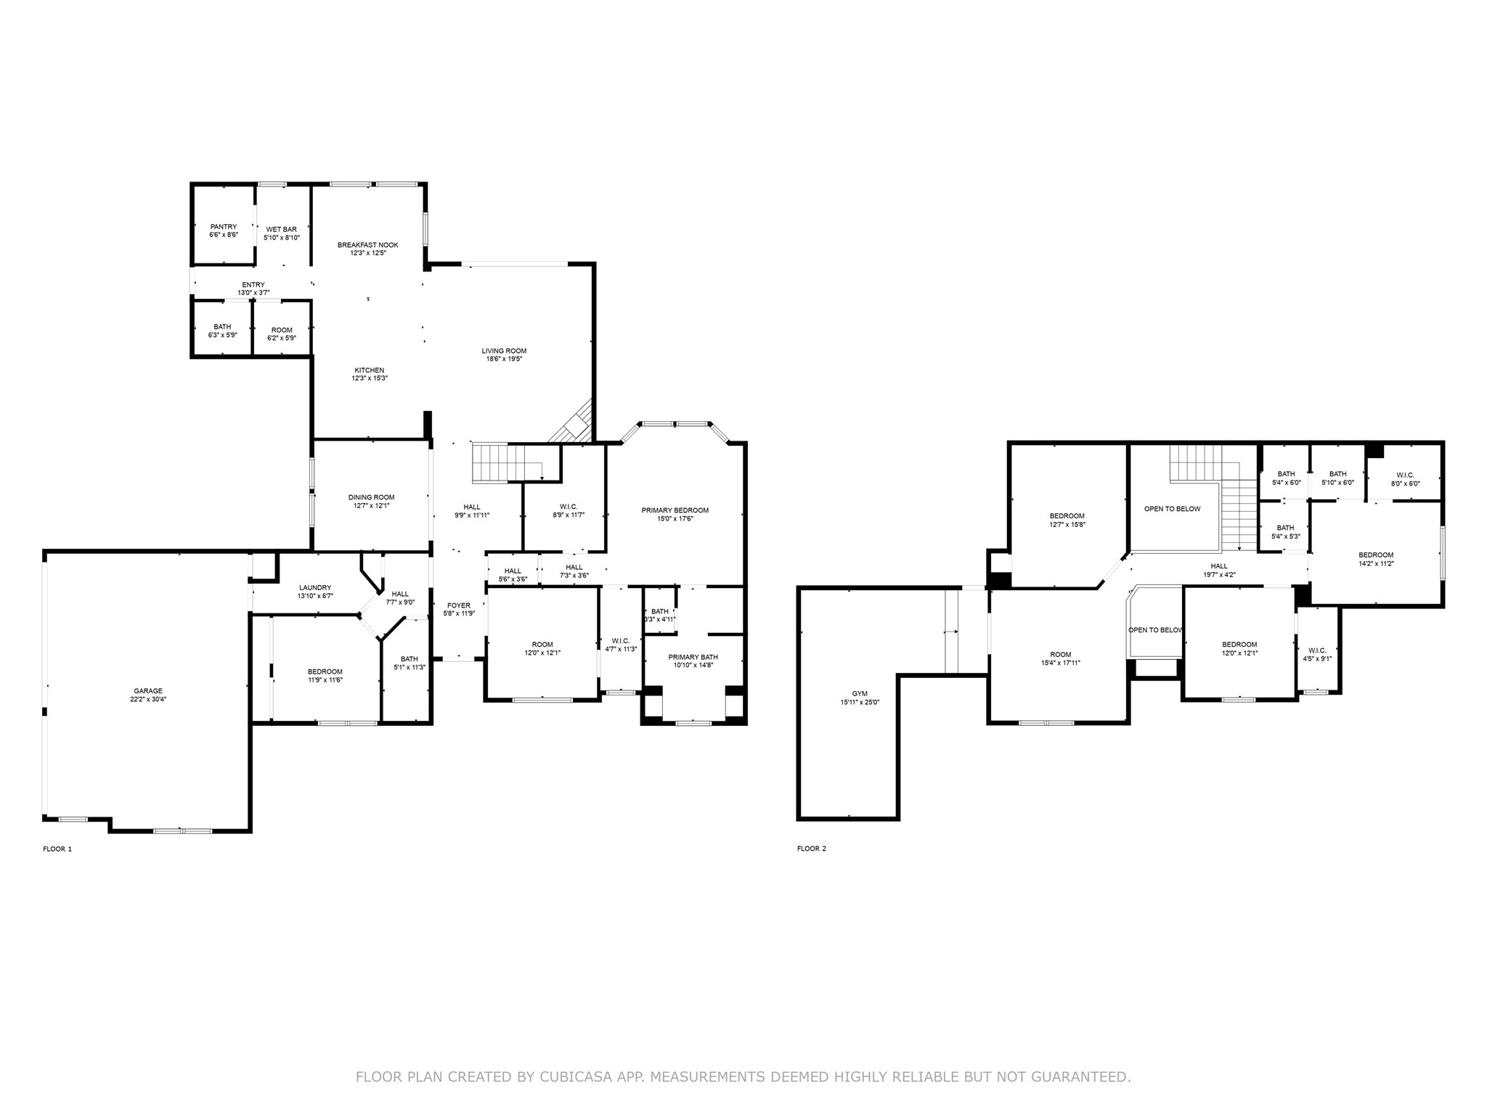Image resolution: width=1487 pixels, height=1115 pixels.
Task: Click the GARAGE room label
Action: [148, 691]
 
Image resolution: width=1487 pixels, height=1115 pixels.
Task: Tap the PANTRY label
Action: [224, 226]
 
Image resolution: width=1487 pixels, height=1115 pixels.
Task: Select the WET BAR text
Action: [281, 229]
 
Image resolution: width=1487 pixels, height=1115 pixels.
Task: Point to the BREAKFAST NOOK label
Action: [368, 245]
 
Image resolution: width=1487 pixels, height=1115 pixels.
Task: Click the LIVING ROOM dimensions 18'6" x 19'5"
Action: [504, 359]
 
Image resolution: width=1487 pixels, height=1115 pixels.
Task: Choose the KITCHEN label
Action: [369, 370]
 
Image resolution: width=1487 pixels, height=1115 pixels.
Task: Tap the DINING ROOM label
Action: [371, 497]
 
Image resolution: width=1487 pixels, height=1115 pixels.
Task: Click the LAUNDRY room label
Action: [315, 588]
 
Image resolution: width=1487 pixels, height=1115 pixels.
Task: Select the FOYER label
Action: [459, 605]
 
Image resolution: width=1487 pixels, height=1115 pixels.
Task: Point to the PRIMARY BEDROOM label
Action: [675, 510]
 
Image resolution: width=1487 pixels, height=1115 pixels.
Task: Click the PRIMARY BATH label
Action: [693, 657]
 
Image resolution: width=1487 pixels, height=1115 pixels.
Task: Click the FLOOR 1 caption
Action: [57, 849]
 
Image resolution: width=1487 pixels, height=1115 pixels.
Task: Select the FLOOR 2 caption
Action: [812, 849]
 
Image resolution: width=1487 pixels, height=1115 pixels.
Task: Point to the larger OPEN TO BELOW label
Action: [1173, 509]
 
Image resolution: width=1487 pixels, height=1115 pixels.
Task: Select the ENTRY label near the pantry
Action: [253, 285]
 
